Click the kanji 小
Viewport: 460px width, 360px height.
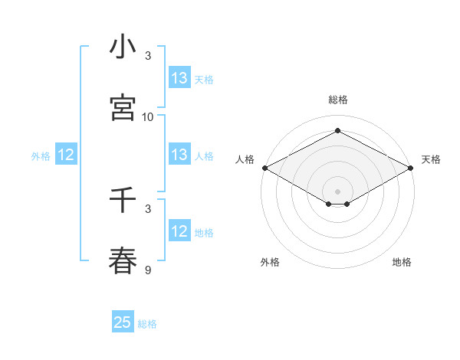click(123, 47)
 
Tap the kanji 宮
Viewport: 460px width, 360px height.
click(123, 108)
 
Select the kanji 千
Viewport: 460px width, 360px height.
click(123, 201)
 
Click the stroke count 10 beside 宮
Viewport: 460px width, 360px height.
click(148, 116)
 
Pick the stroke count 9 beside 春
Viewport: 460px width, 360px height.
click(148, 270)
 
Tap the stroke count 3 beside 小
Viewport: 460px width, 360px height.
click(148, 56)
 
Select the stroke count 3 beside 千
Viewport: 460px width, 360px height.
click(148, 208)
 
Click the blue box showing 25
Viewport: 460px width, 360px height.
click(123, 322)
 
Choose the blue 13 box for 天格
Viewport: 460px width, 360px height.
click(179, 78)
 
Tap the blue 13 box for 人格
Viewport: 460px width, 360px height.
click(179, 155)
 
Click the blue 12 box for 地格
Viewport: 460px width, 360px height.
click(179, 231)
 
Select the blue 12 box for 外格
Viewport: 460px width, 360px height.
click(66, 155)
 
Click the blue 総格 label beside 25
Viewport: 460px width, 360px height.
click(147, 324)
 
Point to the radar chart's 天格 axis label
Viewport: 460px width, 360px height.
click(431, 159)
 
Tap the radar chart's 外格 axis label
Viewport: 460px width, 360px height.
click(270, 262)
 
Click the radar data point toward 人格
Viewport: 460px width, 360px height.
click(264, 168)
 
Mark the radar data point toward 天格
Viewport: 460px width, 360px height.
click(412, 168)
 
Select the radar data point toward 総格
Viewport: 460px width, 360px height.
click(337, 130)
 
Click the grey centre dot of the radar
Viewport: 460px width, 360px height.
click(337, 191)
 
